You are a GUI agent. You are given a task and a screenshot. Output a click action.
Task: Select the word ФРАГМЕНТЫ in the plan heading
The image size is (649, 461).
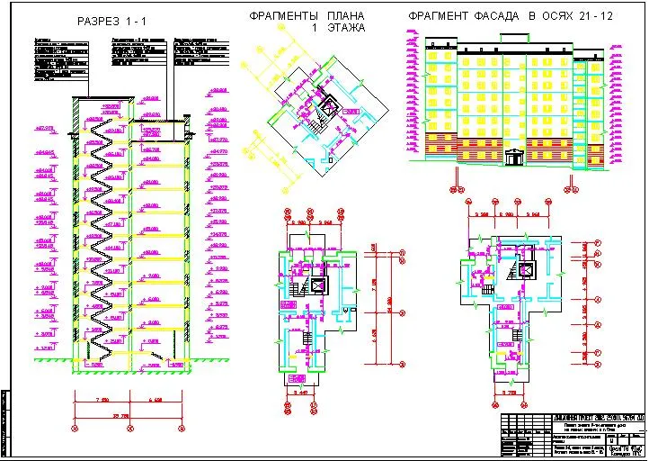pos(283,16)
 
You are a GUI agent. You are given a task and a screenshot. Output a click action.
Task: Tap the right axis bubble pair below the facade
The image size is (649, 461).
pos(571,189)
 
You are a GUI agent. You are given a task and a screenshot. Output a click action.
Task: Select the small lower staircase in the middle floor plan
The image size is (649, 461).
pos(307,339)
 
